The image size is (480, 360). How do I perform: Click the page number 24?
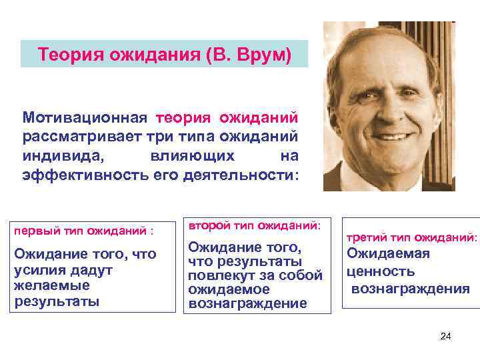coord(446,336)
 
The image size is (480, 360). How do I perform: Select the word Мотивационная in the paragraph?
coord(84,118)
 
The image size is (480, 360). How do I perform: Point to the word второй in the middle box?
coord(206,226)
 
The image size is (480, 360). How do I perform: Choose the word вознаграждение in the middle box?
coord(247,303)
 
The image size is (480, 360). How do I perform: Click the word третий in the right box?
coord(366,237)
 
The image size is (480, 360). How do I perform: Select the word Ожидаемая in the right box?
coord(388,253)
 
